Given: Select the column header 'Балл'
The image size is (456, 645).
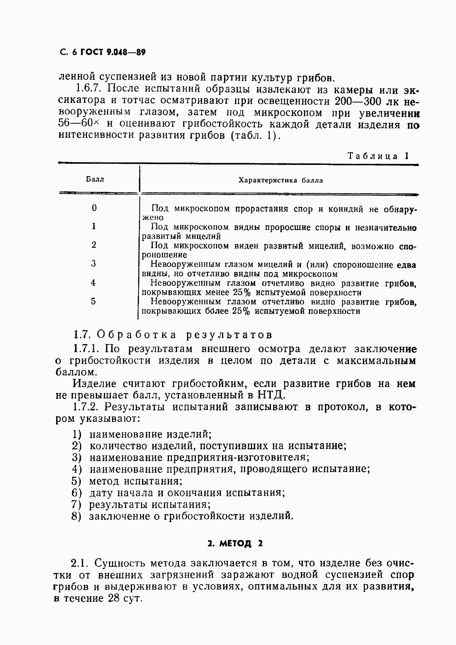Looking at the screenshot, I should point(94,180).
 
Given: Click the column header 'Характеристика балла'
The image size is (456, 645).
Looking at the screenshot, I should point(281,180).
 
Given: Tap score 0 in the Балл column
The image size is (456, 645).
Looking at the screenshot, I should point(94,208).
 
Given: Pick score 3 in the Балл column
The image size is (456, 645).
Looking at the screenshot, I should point(94,264).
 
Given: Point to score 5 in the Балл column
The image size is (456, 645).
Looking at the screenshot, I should point(94,301).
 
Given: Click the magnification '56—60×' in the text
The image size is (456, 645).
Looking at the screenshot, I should point(79,124).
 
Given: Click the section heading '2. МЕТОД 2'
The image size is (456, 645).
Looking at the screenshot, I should point(235,544).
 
